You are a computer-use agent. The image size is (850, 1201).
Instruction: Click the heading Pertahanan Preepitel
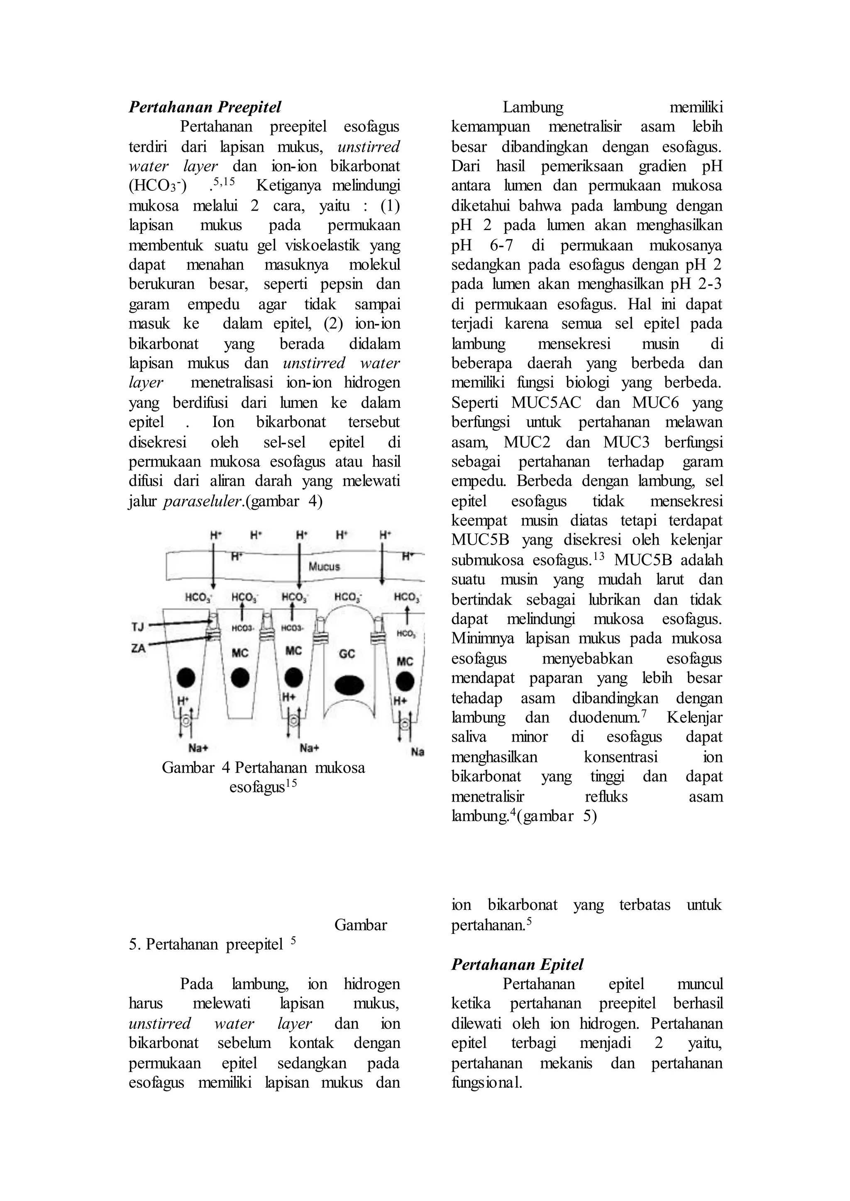205,107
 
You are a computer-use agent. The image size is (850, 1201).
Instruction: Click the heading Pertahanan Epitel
517,964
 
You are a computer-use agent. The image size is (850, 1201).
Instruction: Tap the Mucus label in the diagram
324,566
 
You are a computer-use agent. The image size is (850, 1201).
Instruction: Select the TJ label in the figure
137,626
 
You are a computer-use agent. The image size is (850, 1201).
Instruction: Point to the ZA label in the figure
138,649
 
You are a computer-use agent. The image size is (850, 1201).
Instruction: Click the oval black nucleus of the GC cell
349,685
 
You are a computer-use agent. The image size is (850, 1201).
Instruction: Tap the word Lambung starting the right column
533,107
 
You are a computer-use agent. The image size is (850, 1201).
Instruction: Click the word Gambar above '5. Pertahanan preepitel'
361,925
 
